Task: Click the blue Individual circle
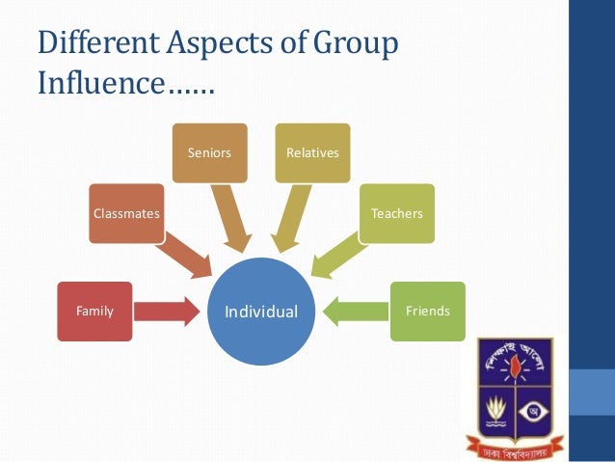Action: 262,312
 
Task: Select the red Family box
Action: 94,311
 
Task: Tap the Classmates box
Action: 126,213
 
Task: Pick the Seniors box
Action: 208,152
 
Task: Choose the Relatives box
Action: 312,152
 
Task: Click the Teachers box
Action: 397,213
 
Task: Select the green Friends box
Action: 427,311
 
